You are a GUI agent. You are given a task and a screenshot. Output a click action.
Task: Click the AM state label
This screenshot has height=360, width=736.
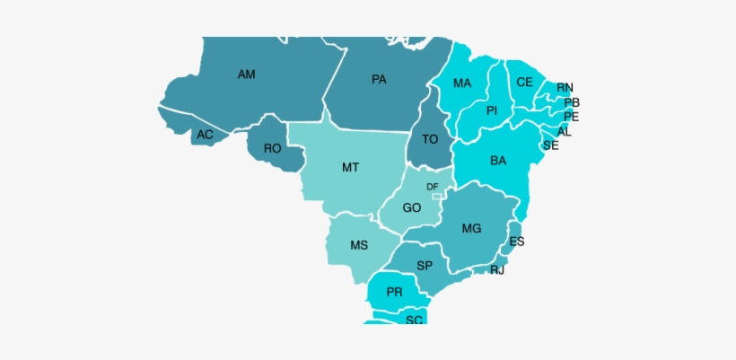point(246,75)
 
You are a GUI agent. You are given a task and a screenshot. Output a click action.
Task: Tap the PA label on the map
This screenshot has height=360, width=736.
point(379,79)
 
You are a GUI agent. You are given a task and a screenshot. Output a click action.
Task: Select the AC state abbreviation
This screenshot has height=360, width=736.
point(206,135)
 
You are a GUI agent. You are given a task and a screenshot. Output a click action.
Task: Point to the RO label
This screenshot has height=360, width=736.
point(273,148)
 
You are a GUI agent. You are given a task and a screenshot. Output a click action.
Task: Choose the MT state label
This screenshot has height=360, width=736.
point(351,167)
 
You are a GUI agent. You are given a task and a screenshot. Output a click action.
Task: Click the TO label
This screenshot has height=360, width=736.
point(430,139)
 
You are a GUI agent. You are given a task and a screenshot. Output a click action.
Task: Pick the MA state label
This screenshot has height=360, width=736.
point(461,83)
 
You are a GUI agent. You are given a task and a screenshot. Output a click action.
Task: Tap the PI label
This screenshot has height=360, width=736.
point(492,110)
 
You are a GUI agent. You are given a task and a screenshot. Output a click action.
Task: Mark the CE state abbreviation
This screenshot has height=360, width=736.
point(525,82)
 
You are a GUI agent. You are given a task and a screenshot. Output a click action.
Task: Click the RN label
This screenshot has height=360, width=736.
point(565,87)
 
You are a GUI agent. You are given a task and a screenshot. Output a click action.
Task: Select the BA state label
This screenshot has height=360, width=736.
point(498,161)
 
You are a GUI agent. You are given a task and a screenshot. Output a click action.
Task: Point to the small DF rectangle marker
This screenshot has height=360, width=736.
point(436,196)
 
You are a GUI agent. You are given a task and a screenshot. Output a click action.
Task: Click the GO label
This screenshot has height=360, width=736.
point(412,207)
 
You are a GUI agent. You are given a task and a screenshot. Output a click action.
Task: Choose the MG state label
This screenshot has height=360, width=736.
point(472,228)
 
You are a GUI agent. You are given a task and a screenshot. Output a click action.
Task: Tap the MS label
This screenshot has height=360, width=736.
point(359,245)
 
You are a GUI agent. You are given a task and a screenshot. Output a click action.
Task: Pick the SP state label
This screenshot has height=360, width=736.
point(425,266)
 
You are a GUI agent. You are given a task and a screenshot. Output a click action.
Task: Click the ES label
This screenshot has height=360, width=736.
point(517,241)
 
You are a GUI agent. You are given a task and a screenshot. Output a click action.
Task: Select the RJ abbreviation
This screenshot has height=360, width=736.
point(497,269)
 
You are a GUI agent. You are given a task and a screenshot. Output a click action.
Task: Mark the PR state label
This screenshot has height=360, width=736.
point(394,292)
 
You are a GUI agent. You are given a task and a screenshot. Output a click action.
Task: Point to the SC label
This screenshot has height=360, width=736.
point(414,320)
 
